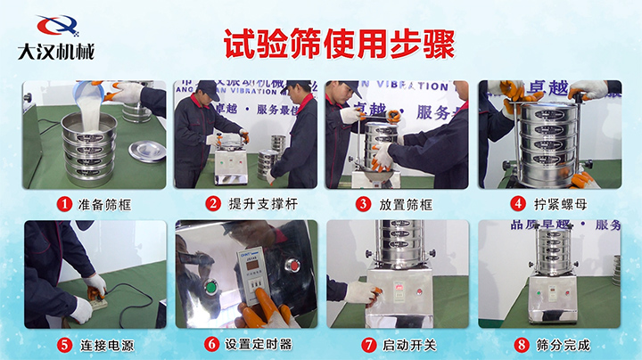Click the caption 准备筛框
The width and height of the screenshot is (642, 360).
[x=104, y=204]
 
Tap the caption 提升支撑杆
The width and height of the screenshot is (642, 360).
[x=259, y=204]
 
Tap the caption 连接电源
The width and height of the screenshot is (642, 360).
[x=104, y=344]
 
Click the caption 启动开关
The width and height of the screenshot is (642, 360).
[x=407, y=344]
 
